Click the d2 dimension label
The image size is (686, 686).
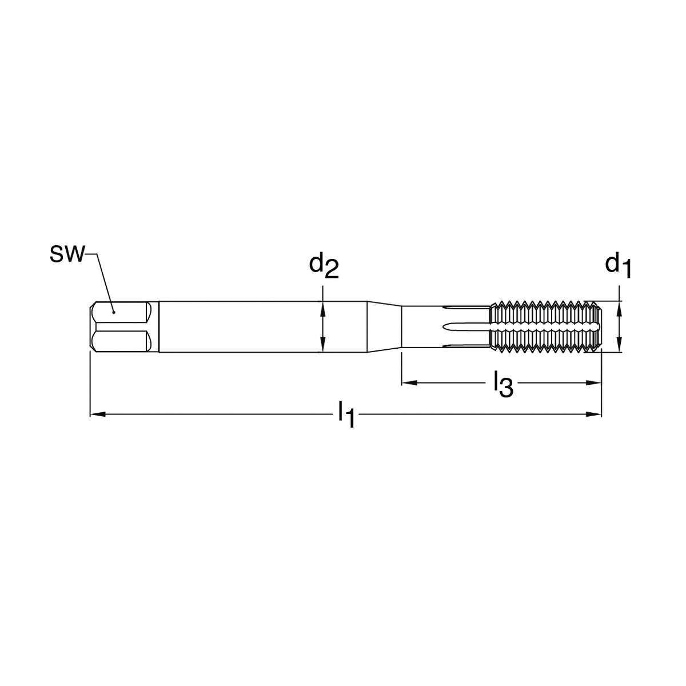pos(324,266)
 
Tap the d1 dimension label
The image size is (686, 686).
pos(619,266)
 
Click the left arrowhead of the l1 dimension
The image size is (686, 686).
pos(98,414)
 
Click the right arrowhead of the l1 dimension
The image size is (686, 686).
pos(593,414)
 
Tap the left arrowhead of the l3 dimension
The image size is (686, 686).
pos(409,383)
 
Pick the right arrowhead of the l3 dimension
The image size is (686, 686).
pos(593,383)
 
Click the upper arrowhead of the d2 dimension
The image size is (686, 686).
pos(322,309)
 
